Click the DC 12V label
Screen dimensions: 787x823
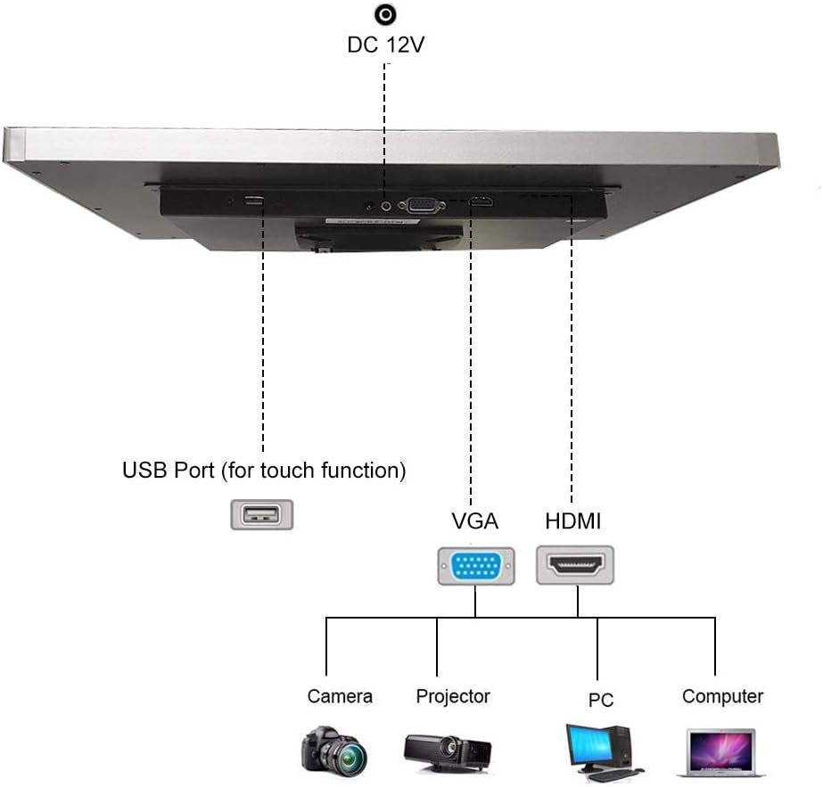(385, 45)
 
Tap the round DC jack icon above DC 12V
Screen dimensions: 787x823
(386, 14)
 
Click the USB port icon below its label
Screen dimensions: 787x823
(261, 515)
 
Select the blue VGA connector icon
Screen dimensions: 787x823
(475, 566)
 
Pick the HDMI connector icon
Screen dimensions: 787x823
(576, 565)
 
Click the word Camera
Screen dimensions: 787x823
(340, 696)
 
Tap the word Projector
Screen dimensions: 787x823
(453, 696)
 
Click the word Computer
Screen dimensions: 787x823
(722, 696)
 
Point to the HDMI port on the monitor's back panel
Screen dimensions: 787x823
(481, 202)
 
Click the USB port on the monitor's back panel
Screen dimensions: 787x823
(255, 200)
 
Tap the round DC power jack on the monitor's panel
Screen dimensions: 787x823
(386, 204)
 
